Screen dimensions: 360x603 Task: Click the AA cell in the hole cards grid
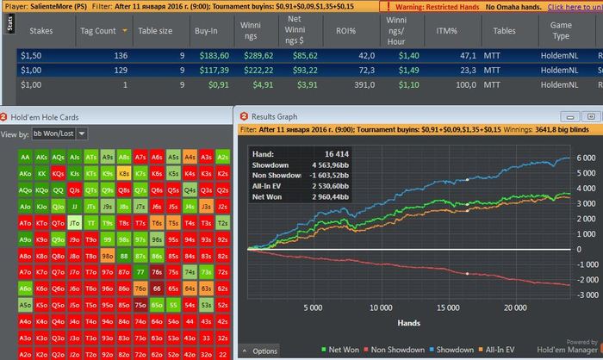pyautogui.click(x=24, y=158)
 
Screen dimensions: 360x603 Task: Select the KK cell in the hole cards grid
pyautogui.click(x=41, y=173)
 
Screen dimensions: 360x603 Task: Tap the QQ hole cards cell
pyautogui.click(x=58, y=189)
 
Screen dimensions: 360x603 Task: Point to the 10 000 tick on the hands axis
pyautogui.click(x=380, y=331)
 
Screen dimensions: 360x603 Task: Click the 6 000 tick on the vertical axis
pyautogui.click(x=584, y=158)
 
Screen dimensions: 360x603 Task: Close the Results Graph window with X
pyautogui.click(x=594, y=116)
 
